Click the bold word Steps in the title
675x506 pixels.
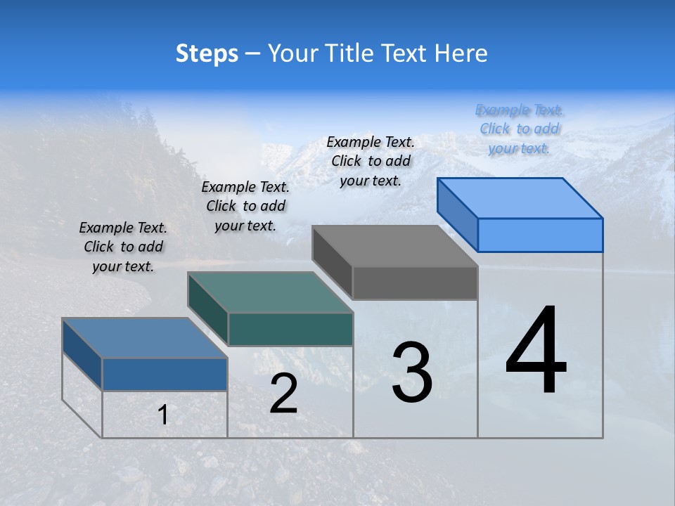click(207, 53)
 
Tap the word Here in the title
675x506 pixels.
click(461, 53)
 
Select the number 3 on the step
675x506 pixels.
click(411, 373)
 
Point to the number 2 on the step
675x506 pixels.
click(283, 394)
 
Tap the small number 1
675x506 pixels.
click(163, 415)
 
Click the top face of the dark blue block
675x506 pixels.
click(145, 338)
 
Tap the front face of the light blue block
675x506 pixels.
click(540, 235)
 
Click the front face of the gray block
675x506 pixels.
click(415, 283)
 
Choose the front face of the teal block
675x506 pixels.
click(290, 329)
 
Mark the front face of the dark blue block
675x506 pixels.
click(165, 374)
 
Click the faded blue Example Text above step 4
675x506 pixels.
click(519, 129)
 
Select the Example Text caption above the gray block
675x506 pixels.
click(371, 161)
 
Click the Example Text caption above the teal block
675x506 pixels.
click(245, 206)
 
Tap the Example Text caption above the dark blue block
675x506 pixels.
click(123, 247)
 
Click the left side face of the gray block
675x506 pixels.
click(332, 261)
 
